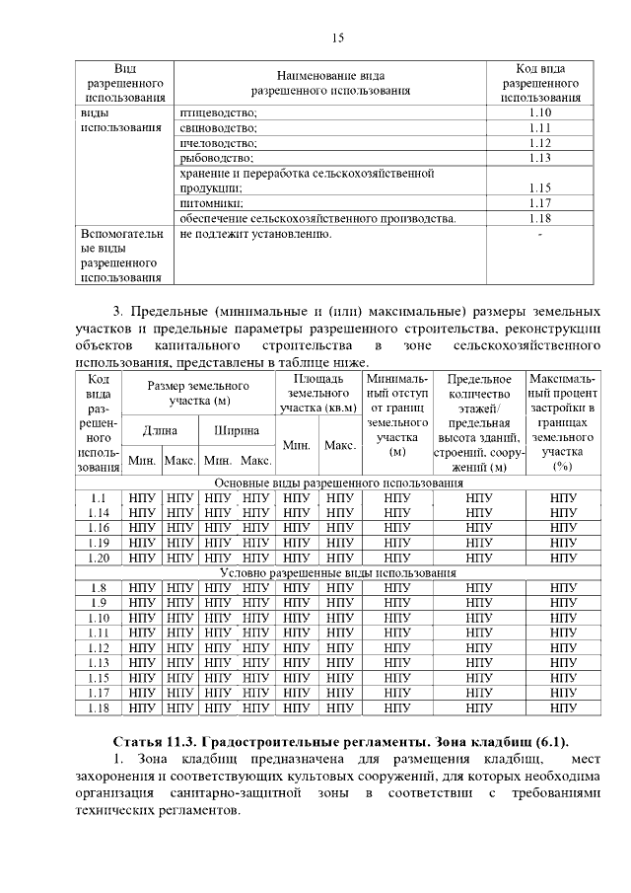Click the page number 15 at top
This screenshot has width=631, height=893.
point(337,38)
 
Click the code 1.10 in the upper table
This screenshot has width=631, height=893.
point(538,112)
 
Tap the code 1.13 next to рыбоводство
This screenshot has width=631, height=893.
point(538,158)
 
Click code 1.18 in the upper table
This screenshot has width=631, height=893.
point(538,218)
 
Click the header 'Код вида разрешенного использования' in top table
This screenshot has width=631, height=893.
point(539,83)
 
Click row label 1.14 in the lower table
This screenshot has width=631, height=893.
point(98,513)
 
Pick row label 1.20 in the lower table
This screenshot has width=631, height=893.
point(98,558)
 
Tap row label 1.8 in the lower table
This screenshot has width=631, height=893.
point(98,588)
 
